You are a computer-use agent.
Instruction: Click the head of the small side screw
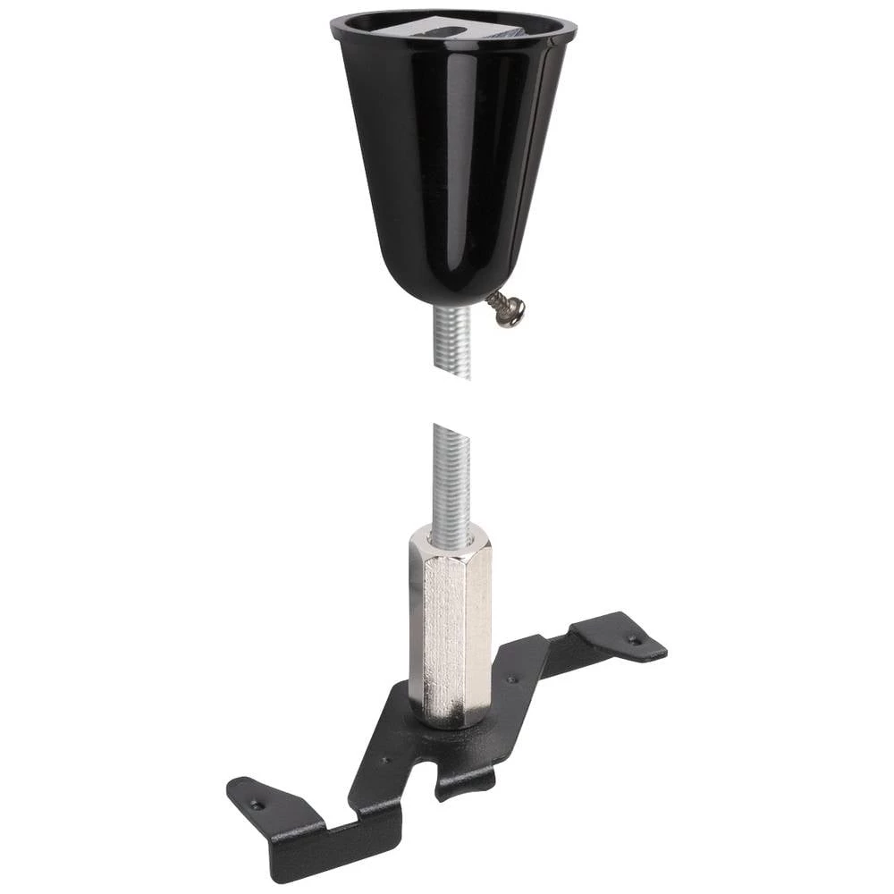pos(511,313)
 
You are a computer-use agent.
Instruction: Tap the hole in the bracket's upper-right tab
pos(634,640)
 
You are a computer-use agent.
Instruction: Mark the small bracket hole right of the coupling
pos(512,680)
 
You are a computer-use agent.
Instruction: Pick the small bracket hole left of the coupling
pos(386,761)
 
